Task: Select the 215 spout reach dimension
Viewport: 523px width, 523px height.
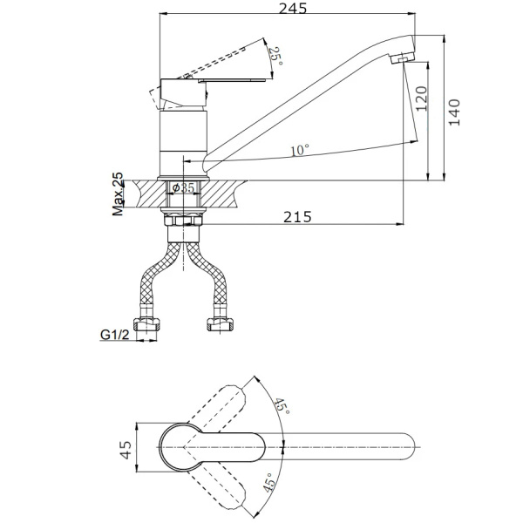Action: [298, 217]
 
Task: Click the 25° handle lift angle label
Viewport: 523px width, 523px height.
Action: [277, 56]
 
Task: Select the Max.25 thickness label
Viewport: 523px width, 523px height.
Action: [118, 194]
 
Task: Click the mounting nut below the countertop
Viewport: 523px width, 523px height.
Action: [183, 223]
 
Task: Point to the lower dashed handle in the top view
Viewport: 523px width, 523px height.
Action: [225, 485]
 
